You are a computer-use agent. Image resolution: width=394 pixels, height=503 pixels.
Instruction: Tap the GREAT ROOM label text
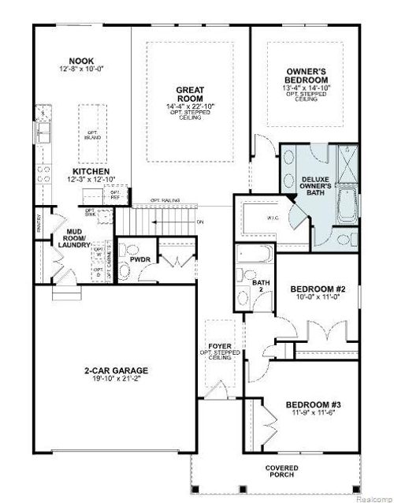click(x=190, y=95)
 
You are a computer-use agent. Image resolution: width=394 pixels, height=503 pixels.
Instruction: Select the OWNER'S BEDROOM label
click(x=307, y=76)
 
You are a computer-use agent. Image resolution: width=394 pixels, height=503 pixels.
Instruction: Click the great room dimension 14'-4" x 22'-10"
click(x=190, y=106)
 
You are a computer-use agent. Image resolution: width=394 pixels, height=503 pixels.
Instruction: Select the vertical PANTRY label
click(x=39, y=223)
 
